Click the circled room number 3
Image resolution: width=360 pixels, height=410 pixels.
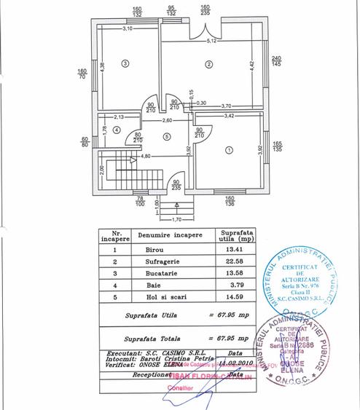tap(126, 64)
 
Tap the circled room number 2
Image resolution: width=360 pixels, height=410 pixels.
tap(209, 64)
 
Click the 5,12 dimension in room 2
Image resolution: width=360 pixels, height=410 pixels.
tap(211, 42)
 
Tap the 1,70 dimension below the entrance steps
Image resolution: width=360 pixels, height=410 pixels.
tap(176, 218)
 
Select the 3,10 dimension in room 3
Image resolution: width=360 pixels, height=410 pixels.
tap(128, 29)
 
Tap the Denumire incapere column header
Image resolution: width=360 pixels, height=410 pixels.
tap(170, 237)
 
